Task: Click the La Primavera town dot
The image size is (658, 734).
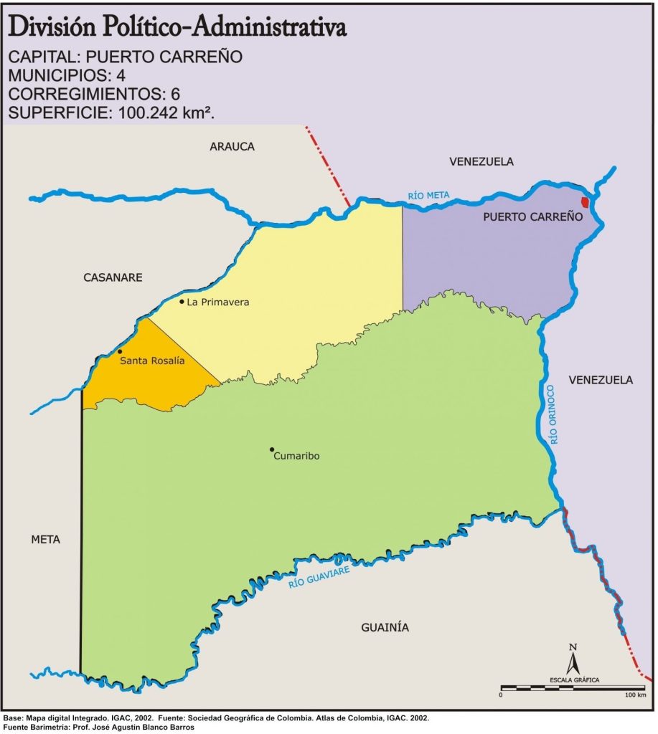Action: (x=182, y=302)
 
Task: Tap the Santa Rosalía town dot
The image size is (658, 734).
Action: (x=120, y=352)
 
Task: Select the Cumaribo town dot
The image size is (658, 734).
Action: (x=272, y=450)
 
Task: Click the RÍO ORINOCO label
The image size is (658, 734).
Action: (x=551, y=415)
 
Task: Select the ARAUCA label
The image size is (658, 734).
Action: (x=232, y=146)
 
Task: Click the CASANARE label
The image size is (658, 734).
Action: (x=113, y=277)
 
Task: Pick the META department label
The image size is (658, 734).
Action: (x=45, y=540)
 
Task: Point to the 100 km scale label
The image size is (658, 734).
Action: (x=636, y=695)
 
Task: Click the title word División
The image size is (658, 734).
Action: (x=52, y=27)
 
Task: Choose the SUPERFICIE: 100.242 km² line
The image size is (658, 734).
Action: (x=111, y=112)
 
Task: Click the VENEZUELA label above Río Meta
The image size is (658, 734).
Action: (x=481, y=161)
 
